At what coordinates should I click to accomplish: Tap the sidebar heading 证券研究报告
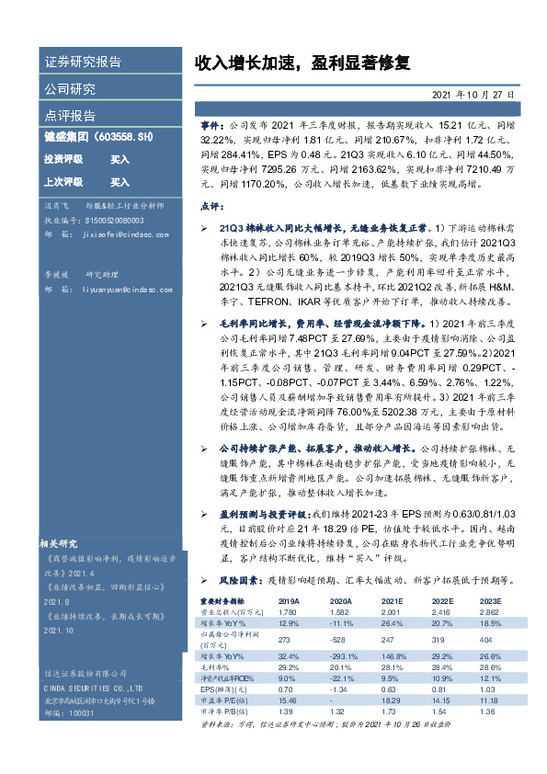[83, 63]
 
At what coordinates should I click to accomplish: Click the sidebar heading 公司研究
[70, 89]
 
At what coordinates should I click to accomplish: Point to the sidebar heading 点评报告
[70, 116]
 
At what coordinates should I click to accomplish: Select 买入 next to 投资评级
[120, 159]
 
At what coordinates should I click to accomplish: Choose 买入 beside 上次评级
[120, 182]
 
